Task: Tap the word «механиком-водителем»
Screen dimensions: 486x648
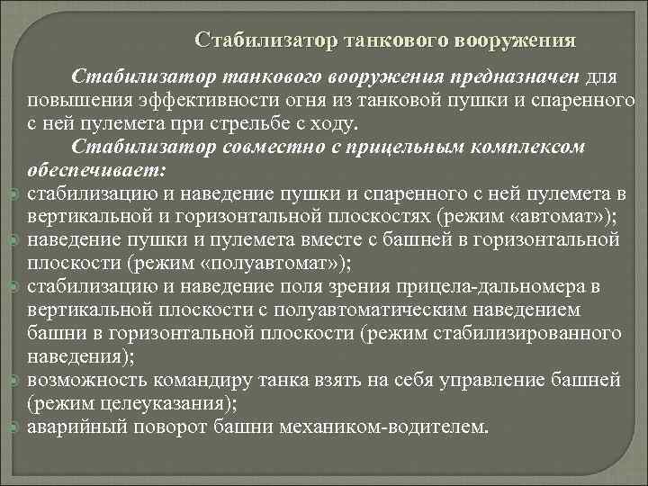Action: click(x=398, y=427)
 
